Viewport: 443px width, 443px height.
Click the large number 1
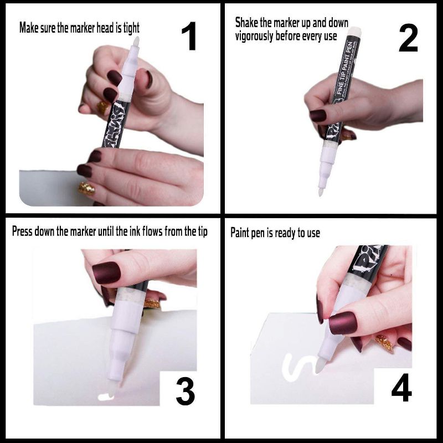(x=189, y=37)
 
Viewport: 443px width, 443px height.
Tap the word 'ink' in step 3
(x=136, y=231)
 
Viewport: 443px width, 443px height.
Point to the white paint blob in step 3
(x=104, y=396)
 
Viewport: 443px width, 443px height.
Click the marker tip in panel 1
(x=135, y=42)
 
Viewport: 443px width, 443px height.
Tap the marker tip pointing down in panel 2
(x=321, y=192)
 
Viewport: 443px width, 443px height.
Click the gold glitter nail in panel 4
(x=383, y=343)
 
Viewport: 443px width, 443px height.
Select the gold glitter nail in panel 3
(x=152, y=303)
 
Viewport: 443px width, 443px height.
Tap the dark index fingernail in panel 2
(x=318, y=115)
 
